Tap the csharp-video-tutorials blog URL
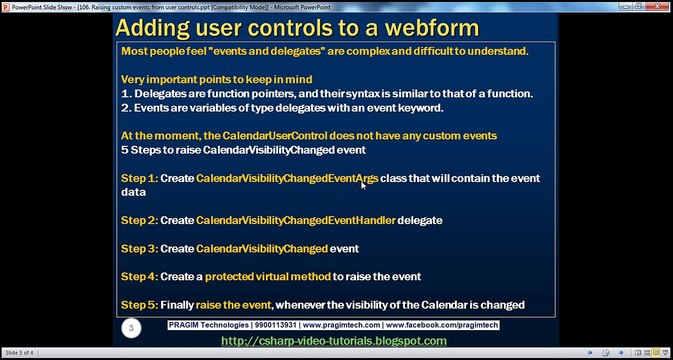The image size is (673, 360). tap(334, 341)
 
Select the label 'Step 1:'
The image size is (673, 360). tap(139, 178)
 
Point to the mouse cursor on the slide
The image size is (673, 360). tap(363, 185)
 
